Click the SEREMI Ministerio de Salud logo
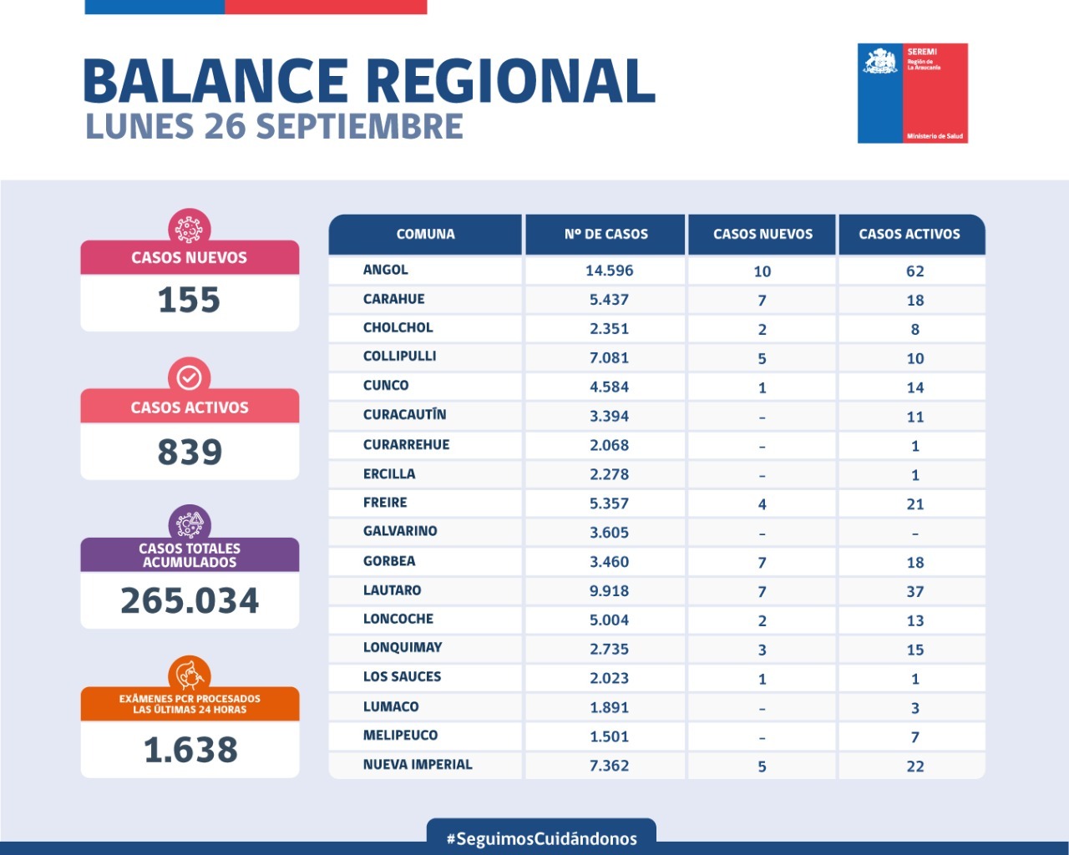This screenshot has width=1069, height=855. (x=912, y=93)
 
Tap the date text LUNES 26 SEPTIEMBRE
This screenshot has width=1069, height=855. (x=274, y=127)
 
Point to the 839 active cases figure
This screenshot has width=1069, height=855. (x=190, y=452)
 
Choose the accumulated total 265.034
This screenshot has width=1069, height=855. (x=190, y=600)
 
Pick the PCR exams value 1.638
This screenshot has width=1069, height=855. (x=190, y=750)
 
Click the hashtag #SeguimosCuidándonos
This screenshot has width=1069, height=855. (x=541, y=838)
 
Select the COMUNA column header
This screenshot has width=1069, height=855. (x=425, y=234)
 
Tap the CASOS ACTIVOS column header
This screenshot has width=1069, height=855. (x=909, y=234)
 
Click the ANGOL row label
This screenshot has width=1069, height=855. (x=386, y=270)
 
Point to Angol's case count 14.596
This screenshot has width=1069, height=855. (x=609, y=271)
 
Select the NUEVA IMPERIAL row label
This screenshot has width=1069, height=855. (x=418, y=764)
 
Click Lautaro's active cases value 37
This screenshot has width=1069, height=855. (x=915, y=591)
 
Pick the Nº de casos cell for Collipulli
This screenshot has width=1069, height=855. (x=609, y=357)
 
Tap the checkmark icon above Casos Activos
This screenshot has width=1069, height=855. (x=190, y=377)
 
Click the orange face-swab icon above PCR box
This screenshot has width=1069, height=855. (x=190, y=674)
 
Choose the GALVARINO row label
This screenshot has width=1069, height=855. (x=400, y=531)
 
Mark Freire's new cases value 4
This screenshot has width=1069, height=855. (x=762, y=503)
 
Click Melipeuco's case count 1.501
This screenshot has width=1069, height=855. (x=609, y=736)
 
